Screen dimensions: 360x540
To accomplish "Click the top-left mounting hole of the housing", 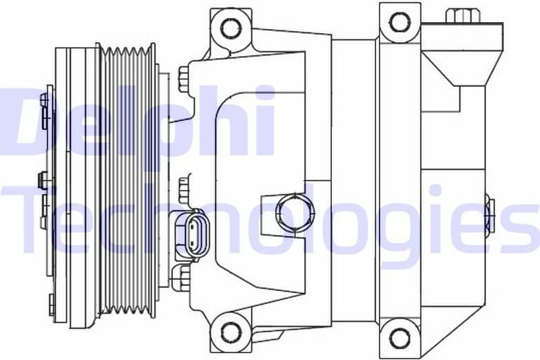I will tap(231, 28).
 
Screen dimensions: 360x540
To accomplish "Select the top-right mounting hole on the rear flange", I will tap(400, 22).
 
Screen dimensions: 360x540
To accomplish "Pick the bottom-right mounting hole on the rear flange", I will tap(400, 338).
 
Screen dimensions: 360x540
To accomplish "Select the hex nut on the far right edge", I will tap(489, 212).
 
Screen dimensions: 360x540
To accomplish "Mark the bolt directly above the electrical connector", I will tap(184, 190).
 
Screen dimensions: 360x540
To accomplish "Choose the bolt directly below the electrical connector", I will tap(182, 276).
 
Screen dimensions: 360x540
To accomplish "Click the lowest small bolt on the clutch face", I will tap(51, 304).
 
